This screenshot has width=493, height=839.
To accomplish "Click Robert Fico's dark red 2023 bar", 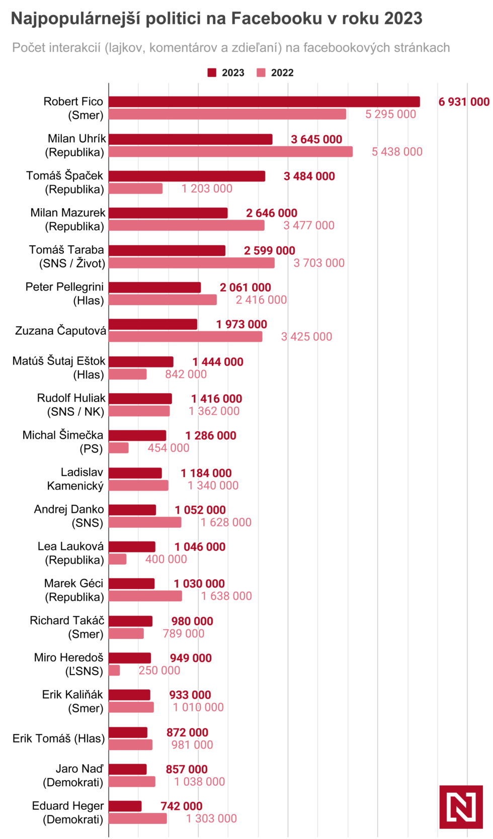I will click(264, 102).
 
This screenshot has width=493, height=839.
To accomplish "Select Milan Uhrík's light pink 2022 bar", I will click(230, 151).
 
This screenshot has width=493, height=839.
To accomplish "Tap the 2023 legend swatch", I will click(212, 73).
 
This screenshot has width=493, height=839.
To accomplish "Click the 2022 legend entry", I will click(275, 73).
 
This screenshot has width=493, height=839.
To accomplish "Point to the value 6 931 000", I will click(463, 102).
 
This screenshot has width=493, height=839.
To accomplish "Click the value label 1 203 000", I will click(207, 189).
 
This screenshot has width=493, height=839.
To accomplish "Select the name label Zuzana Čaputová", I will click(60, 331).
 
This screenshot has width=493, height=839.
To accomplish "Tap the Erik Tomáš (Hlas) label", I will click(59, 738).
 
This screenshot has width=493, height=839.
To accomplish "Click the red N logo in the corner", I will click(461, 807).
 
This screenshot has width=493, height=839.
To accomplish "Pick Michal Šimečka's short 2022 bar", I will click(119, 448).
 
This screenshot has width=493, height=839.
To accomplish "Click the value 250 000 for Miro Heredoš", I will click(159, 671).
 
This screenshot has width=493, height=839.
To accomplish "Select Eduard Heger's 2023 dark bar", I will click(125, 806).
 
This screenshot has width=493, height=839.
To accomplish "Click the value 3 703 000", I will click(319, 263).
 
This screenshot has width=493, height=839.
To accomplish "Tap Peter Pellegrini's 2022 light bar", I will click(162, 300).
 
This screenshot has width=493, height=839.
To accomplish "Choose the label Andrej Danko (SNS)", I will click(69, 516).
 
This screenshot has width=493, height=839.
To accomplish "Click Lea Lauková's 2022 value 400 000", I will click(166, 559).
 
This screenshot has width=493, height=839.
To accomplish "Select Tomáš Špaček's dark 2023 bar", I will click(187, 176).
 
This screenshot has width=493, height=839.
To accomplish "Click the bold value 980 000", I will click(192, 621).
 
